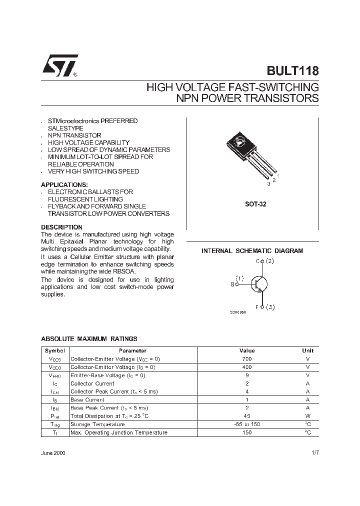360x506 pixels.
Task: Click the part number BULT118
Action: click(293, 71)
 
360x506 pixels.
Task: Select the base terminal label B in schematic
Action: click(232, 284)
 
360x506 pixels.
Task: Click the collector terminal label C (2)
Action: click(264, 261)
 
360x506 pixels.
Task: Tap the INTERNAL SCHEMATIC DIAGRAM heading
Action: click(252, 251)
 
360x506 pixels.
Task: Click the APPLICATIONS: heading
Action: click(64, 184)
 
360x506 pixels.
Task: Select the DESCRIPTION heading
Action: click(61, 227)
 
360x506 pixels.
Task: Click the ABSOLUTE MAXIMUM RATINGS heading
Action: click(89, 339)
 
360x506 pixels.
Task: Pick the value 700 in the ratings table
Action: click(246, 359)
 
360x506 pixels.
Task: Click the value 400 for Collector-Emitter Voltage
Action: click(246, 367)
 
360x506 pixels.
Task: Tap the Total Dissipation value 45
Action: click(246, 416)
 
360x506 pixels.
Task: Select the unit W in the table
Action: click(307, 416)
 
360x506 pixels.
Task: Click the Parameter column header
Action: click(132, 351)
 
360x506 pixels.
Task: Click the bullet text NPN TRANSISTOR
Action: click(74, 135)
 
